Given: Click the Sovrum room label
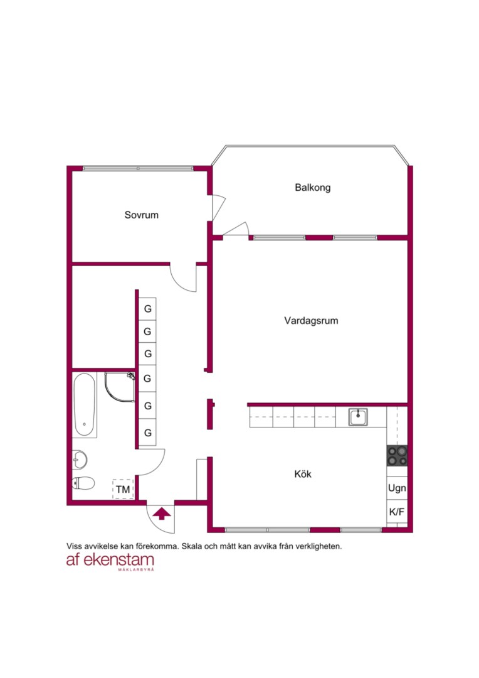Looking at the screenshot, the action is click(x=141, y=215).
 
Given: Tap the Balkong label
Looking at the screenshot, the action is click(x=313, y=188).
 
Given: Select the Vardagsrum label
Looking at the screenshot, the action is click(x=311, y=321).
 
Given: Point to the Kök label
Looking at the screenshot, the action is click(x=303, y=474).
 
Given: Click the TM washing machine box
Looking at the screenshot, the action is click(x=123, y=489).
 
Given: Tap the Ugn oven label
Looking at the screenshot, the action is click(x=397, y=488).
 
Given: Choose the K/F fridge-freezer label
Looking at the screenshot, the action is click(x=396, y=512).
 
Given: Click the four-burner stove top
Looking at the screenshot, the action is click(x=397, y=456).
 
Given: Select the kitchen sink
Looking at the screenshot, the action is click(x=358, y=417).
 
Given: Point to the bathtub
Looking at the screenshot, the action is click(x=84, y=405).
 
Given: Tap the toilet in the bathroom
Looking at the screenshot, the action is click(x=83, y=483).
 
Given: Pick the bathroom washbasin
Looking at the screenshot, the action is click(x=80, y=459).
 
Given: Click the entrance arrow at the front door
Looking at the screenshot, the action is click(x=162, y=514).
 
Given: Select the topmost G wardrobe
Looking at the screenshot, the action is click(x=148, y=309).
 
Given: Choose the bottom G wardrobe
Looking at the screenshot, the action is click(x=148, y=433).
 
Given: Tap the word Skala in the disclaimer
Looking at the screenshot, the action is click(x=191, y=546).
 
